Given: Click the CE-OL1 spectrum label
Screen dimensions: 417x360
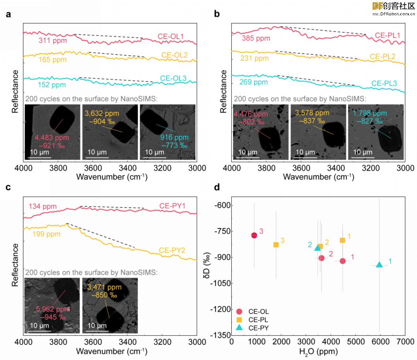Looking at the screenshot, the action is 171,36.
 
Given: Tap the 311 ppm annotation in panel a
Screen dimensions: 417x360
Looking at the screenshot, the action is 53,41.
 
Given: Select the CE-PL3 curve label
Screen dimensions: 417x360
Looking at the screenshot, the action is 384,83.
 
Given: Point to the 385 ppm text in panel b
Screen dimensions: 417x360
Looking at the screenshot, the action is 256,38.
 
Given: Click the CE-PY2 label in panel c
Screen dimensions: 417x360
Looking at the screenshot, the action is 172,250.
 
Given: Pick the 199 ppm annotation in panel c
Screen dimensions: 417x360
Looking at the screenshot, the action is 47,234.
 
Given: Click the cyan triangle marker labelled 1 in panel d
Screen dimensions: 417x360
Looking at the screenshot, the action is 379,265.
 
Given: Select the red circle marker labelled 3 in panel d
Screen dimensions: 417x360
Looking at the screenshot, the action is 254,235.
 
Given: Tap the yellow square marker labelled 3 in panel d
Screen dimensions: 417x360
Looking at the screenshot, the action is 276,245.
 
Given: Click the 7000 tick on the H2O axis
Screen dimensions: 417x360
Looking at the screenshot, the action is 405,341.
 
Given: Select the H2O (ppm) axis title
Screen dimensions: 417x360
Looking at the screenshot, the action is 318,352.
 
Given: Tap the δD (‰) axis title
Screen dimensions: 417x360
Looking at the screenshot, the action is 207,265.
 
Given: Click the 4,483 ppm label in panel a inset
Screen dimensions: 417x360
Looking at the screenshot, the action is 52,138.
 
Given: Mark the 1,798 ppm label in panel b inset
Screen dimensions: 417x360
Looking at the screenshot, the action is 370,113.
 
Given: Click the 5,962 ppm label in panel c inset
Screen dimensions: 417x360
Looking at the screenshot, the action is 53,309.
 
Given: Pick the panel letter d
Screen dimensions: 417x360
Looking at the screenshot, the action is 217,187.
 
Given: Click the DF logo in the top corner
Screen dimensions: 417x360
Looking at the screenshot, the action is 378,6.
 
